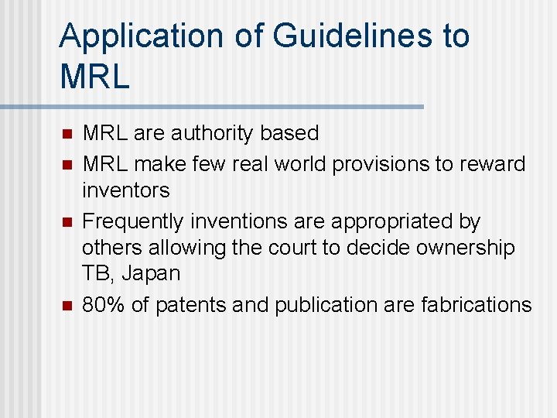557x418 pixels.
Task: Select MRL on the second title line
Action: [94, 76]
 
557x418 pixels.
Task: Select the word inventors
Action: [125, 190]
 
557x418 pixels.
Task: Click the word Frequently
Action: [133, 221]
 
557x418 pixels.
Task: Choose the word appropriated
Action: [388, 221]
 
